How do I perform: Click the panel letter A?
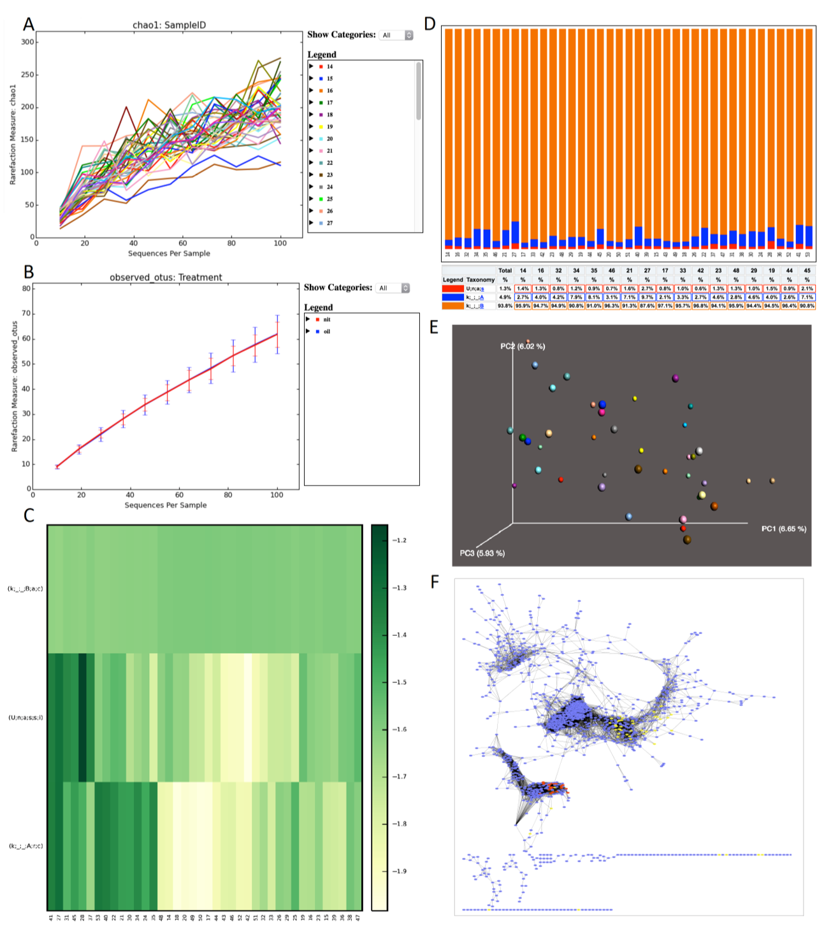point(29,24)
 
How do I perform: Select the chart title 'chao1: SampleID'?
point(169,25)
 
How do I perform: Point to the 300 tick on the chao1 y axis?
point(27,42)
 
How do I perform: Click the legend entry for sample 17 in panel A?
point(329,103)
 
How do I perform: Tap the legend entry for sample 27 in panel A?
point(329,223)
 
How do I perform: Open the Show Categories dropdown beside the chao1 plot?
point(396,35)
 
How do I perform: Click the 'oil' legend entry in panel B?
point(326,331)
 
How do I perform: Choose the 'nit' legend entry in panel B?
point(326,319)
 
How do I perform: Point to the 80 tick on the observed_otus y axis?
point(27,289)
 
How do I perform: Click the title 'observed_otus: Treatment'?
point(166,278)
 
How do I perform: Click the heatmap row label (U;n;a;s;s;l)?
point(25,717)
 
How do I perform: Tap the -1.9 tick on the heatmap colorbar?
point(398,871)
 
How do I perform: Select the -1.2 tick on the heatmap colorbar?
point(398,540)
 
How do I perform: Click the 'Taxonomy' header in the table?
point(481,280)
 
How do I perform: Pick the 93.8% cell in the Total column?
point(505,306)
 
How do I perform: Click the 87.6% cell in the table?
point(647,306)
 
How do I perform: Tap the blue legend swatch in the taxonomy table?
point(452,297)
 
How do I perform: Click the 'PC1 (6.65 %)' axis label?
point(783,529)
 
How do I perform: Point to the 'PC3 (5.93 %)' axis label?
point(482,553)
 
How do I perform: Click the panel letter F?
point(435,582)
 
